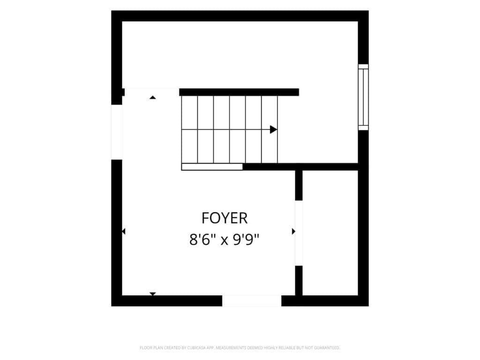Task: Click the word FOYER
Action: (x=225, y=218)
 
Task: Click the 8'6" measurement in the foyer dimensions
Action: (x=201, y=240)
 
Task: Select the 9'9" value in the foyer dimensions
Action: (x=246, y=240)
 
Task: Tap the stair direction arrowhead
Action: (x=273, y=129)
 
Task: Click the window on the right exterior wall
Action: (x=363, y=97)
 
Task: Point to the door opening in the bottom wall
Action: (x=252, y=300)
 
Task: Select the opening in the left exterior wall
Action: (x=117, y=132)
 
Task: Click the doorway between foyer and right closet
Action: (x=299, y=233)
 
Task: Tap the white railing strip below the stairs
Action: (x=212, y=167)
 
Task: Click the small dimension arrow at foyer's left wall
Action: (x=123, y=232)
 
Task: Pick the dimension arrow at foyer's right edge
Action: (x=293, y=232)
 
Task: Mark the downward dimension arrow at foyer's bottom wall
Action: (x=153, y=294)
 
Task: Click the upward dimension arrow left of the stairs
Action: (x=153, y=97)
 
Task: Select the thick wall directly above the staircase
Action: (x=239, y=92)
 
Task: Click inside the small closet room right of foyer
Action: (x=330, y=233)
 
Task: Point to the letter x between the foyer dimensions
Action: (x=225, y=241)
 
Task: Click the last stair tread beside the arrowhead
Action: (x=270, y=129)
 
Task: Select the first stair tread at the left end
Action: (x=189, y=129)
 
